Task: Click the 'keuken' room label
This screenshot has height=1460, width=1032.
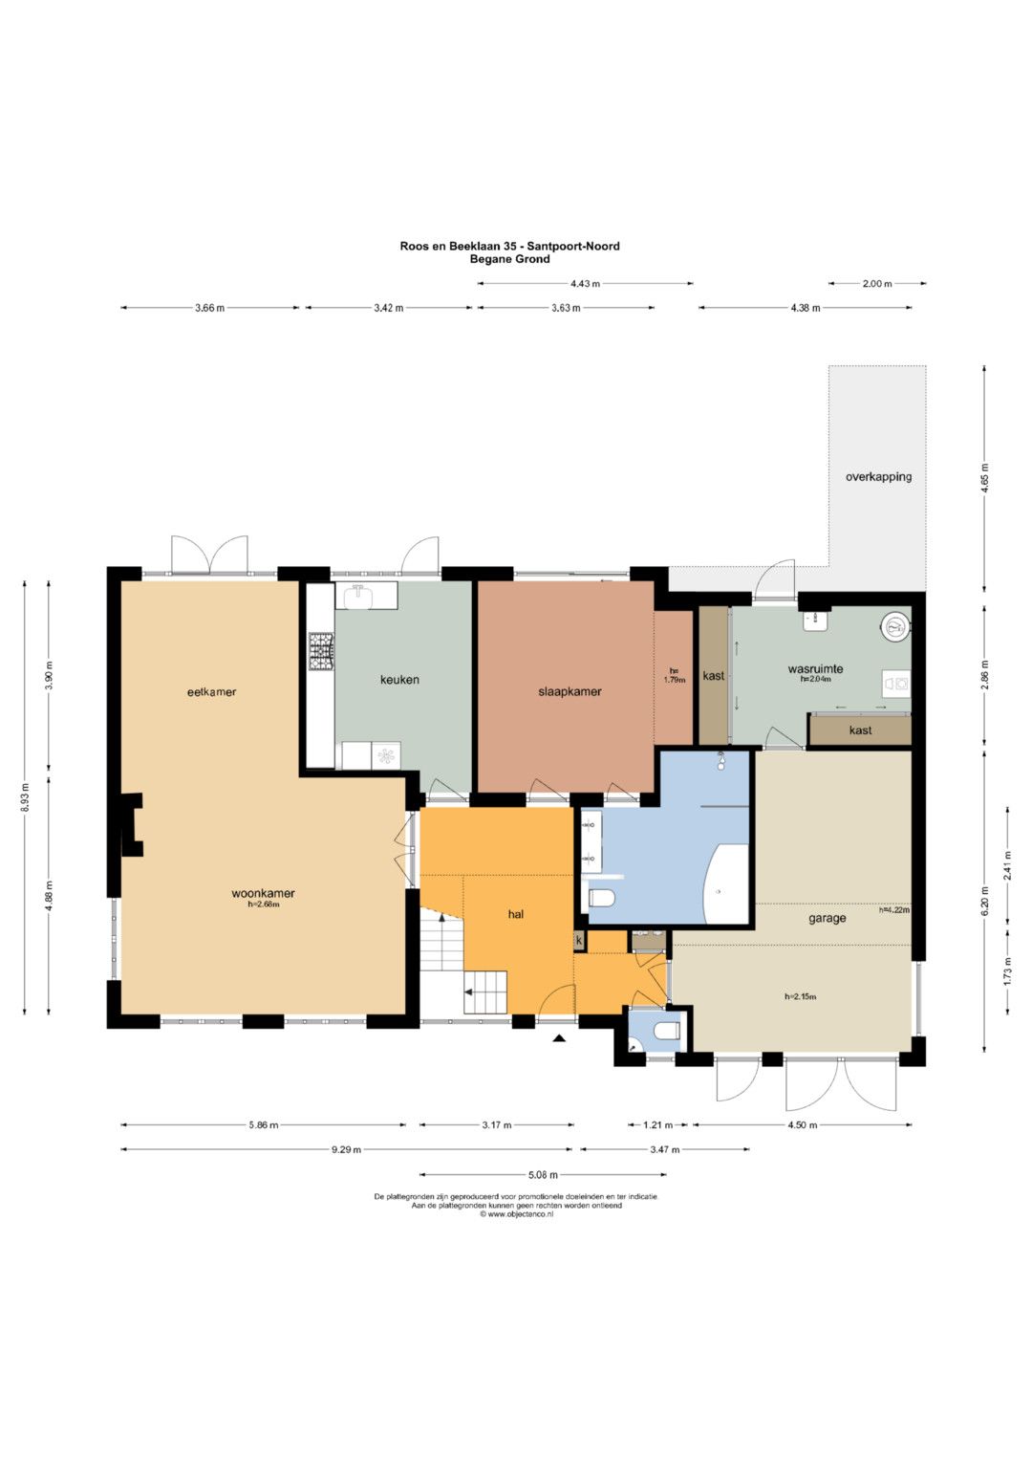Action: click(399, 680)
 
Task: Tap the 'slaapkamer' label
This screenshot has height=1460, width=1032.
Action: click(570, 691)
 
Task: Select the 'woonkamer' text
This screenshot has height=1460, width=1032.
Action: click(263, 893)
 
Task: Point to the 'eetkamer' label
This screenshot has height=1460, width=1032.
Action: click(212, 692)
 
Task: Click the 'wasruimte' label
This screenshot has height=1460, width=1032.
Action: click(815, 668)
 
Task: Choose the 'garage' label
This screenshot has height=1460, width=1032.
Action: click(828, 919)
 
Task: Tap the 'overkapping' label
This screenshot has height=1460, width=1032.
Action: click(878, 476)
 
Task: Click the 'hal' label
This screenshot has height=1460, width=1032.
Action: click(516, 914)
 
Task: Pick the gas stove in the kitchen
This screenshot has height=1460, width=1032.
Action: click(320, 652)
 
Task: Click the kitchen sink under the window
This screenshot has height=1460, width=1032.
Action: click(357, 597)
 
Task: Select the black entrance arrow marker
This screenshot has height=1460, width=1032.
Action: click(558, 1038)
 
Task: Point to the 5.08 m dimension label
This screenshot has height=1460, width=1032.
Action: click(544, 1174)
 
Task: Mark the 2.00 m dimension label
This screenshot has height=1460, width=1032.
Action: click(877, 284)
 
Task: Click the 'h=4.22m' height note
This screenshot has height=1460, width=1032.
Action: click(893, 910)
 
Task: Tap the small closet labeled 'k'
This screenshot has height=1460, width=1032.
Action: click(578, 941)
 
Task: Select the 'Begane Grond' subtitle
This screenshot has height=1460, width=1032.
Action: click(509, 259)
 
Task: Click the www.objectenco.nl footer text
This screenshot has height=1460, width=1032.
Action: click(516, 1214)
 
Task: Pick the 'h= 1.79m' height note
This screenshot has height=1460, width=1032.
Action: click(674, 675)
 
